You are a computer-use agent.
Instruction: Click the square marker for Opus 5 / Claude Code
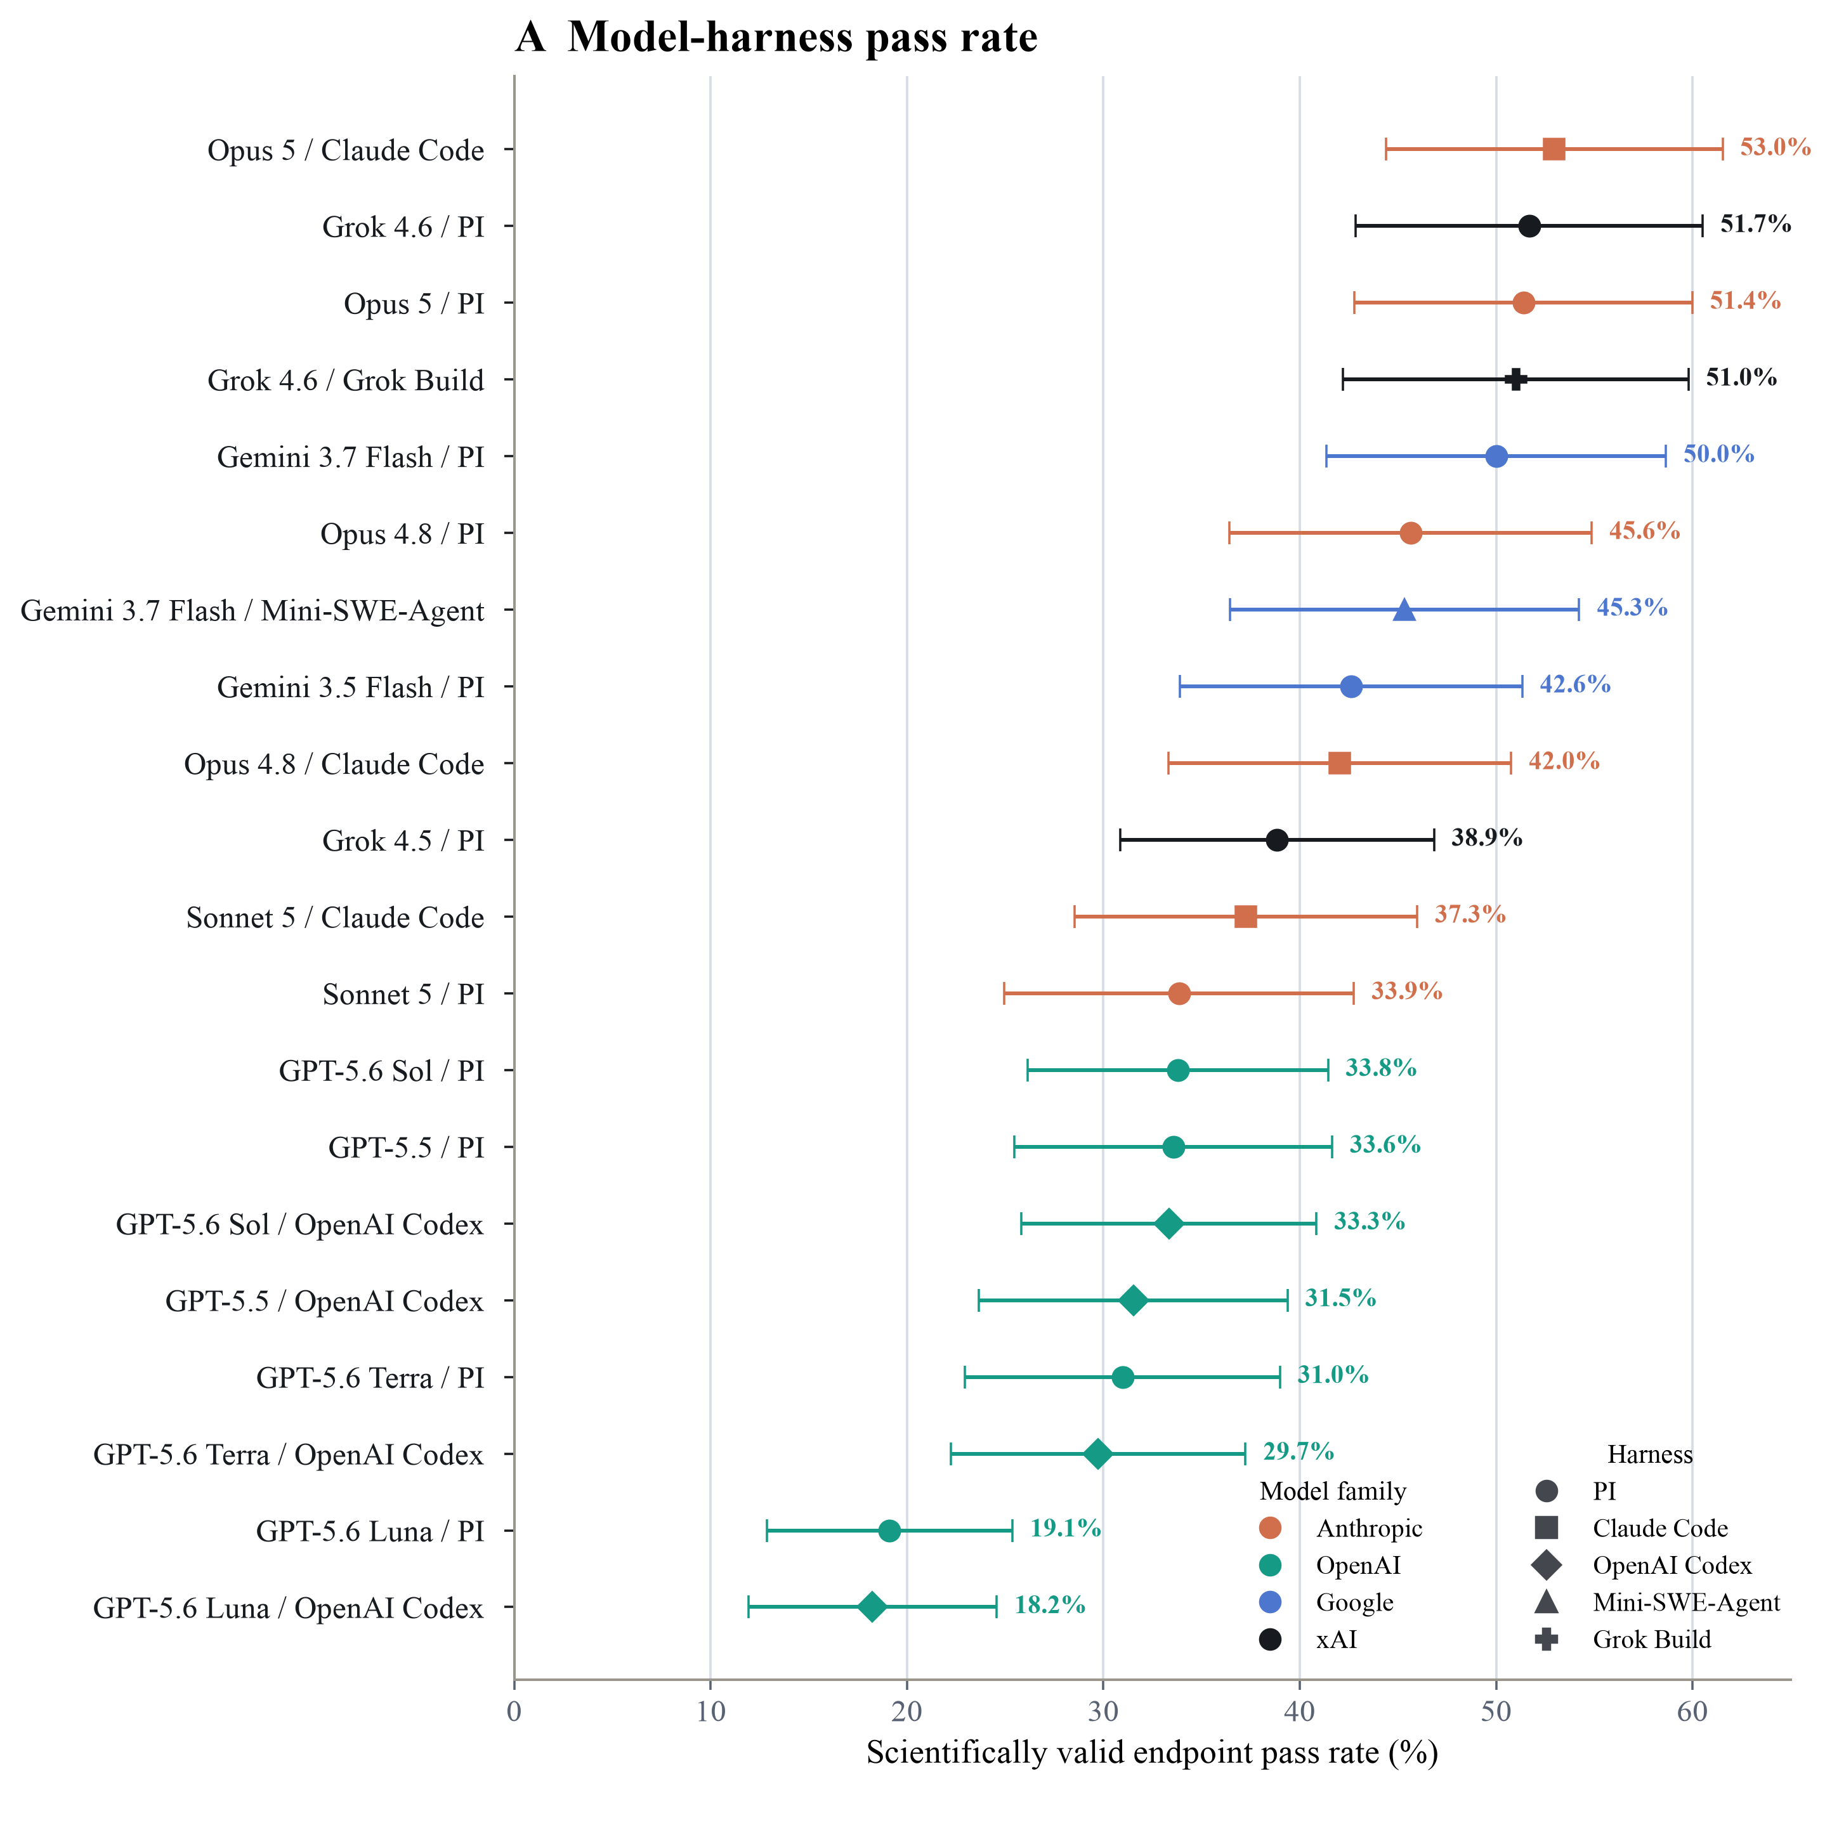pos(1554,149)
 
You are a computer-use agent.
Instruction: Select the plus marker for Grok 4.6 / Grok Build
pos(1515,379)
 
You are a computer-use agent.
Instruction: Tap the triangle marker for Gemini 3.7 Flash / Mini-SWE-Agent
pos(1404,610)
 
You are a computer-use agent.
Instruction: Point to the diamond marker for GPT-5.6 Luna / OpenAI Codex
pos(872,1607)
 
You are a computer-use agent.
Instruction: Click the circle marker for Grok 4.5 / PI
pos(1278,840)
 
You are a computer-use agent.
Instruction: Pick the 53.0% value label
pos(1775,147)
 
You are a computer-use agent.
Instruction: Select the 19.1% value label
pos(1066,1528)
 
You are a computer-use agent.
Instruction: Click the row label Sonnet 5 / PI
pos(403,995)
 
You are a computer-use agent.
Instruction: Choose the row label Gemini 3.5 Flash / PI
pos(351,688)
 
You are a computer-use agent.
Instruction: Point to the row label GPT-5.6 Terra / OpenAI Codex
pos(288,1455)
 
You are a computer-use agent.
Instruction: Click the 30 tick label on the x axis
pos(1102,1711)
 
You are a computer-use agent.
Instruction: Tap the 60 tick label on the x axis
pos(1692,1711)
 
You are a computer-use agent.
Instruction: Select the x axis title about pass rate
pos(1152,1753)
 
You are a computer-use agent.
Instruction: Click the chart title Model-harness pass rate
pos(802,38)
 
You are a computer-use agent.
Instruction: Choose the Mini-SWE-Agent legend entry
pos(1656,1602)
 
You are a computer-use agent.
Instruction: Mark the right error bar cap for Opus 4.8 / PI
pos(1591,533)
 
